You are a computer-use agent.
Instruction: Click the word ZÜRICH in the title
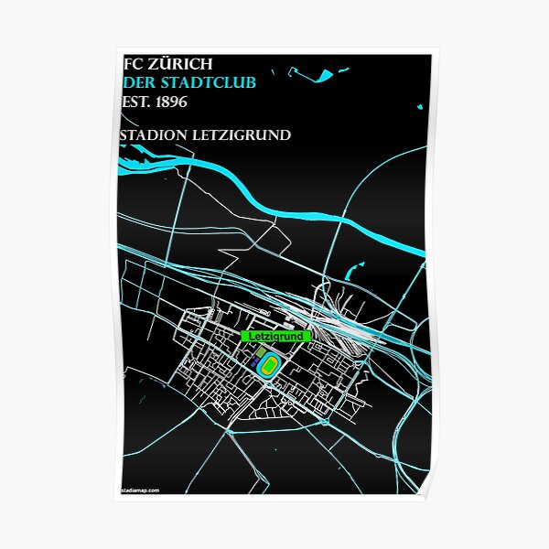(182, 64)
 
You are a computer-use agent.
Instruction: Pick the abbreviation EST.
(134, 101)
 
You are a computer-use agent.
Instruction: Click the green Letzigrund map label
(275, 337)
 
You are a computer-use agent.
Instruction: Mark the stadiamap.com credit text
(140, 490)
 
